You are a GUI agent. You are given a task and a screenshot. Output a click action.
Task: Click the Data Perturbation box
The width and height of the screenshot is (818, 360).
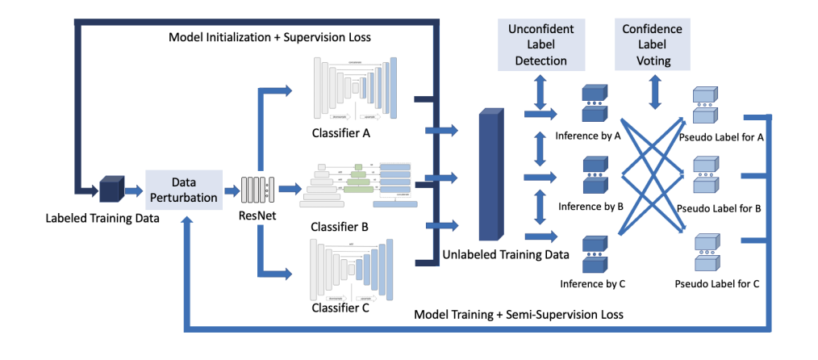pos(183,190)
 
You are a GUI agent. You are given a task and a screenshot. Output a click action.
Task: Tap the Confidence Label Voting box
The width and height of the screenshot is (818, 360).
pos(652,45)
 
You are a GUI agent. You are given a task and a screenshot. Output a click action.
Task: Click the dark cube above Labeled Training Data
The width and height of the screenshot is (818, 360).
pos(110,190)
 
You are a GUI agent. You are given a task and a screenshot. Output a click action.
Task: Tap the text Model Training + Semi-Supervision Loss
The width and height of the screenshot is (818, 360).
pos(520,313)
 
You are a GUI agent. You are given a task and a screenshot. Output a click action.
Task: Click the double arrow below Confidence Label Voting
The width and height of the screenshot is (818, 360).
pos(652,92)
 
